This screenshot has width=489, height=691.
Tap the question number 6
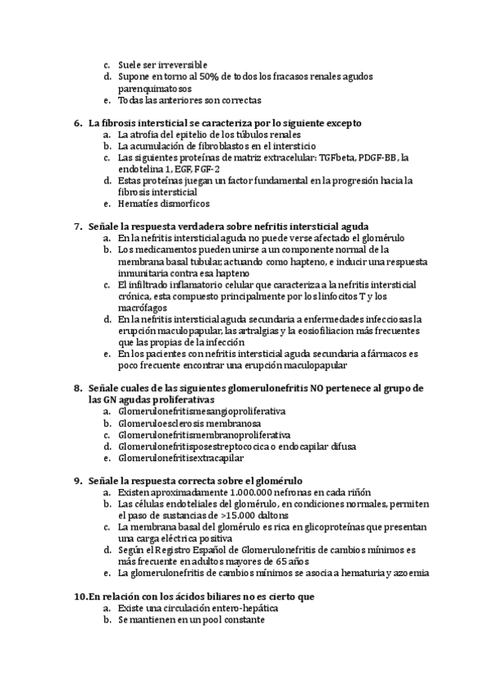[x=77, y=123]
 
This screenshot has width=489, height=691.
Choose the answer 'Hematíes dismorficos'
[x=163, y=203]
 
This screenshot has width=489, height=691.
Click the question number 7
[x=77, y=226]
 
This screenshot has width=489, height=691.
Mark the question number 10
[x=79, y=596]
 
